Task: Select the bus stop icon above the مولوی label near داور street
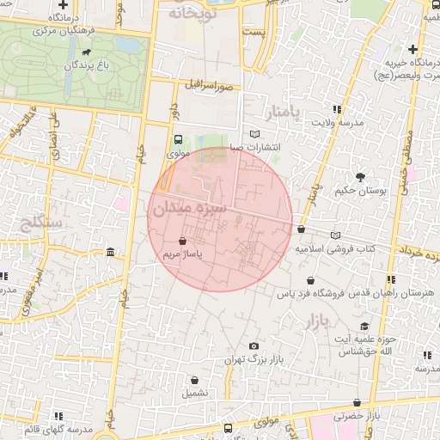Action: pyautogui.click(x=178, y=139)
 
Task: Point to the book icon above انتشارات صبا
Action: pyautogui.click(x=253, y=133)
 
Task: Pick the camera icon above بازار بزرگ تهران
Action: pyautogui.click(x=253, y=345)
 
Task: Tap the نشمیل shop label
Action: pyautogui.click(x=195, y=392)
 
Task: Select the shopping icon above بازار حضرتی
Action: pyautogui.click(x=357, y=402)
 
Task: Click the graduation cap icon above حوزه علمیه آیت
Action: pyautogui.click(x=364, y=326)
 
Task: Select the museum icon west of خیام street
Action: pyautogui.click(x=110, y=252)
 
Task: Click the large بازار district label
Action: pyautogui.click(x=315, y=323)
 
